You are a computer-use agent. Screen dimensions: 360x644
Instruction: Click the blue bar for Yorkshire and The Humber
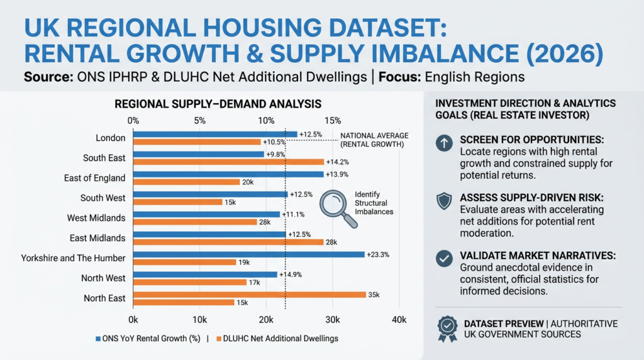pyautogui.click(x=248, y=254)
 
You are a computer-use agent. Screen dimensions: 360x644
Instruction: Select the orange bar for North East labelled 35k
pyautogui.click(x=249, y=295)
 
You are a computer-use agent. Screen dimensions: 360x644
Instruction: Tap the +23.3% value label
pyautogui.click(x=377, y=254)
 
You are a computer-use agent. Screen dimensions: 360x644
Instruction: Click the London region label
pyautogui.click(x=111, y=138)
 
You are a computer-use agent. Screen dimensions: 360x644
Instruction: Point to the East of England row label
pyautogui.click(x=94, y=178)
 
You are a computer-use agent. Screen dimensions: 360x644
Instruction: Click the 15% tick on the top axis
pyautogui.click(x=333, y=120)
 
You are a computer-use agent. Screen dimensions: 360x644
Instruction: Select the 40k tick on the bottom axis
pyautogui.click(x=399, y=320)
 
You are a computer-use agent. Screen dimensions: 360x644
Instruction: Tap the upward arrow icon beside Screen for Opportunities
pyautogui.click(x=444, y=143)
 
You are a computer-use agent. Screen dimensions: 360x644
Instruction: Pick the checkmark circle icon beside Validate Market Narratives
pyautogui.click(x=444, y=257)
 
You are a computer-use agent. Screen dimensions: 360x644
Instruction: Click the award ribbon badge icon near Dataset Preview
pyautogui.click(x=447, y=328)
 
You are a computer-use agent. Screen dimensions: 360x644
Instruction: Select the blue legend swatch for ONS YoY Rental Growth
pyautogui.click(x=97, y=339)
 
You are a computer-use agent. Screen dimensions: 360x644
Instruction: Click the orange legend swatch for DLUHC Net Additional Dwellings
pyautogui.click(x=219, y=339)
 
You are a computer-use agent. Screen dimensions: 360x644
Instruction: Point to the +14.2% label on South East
pyautogui.click(x=337, y=162)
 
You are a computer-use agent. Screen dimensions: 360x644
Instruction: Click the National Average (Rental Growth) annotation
pyautogui.click(x=374, y=140)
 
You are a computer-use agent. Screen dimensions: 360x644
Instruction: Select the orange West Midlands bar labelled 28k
pyautogui.click(x=195, y=222)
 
